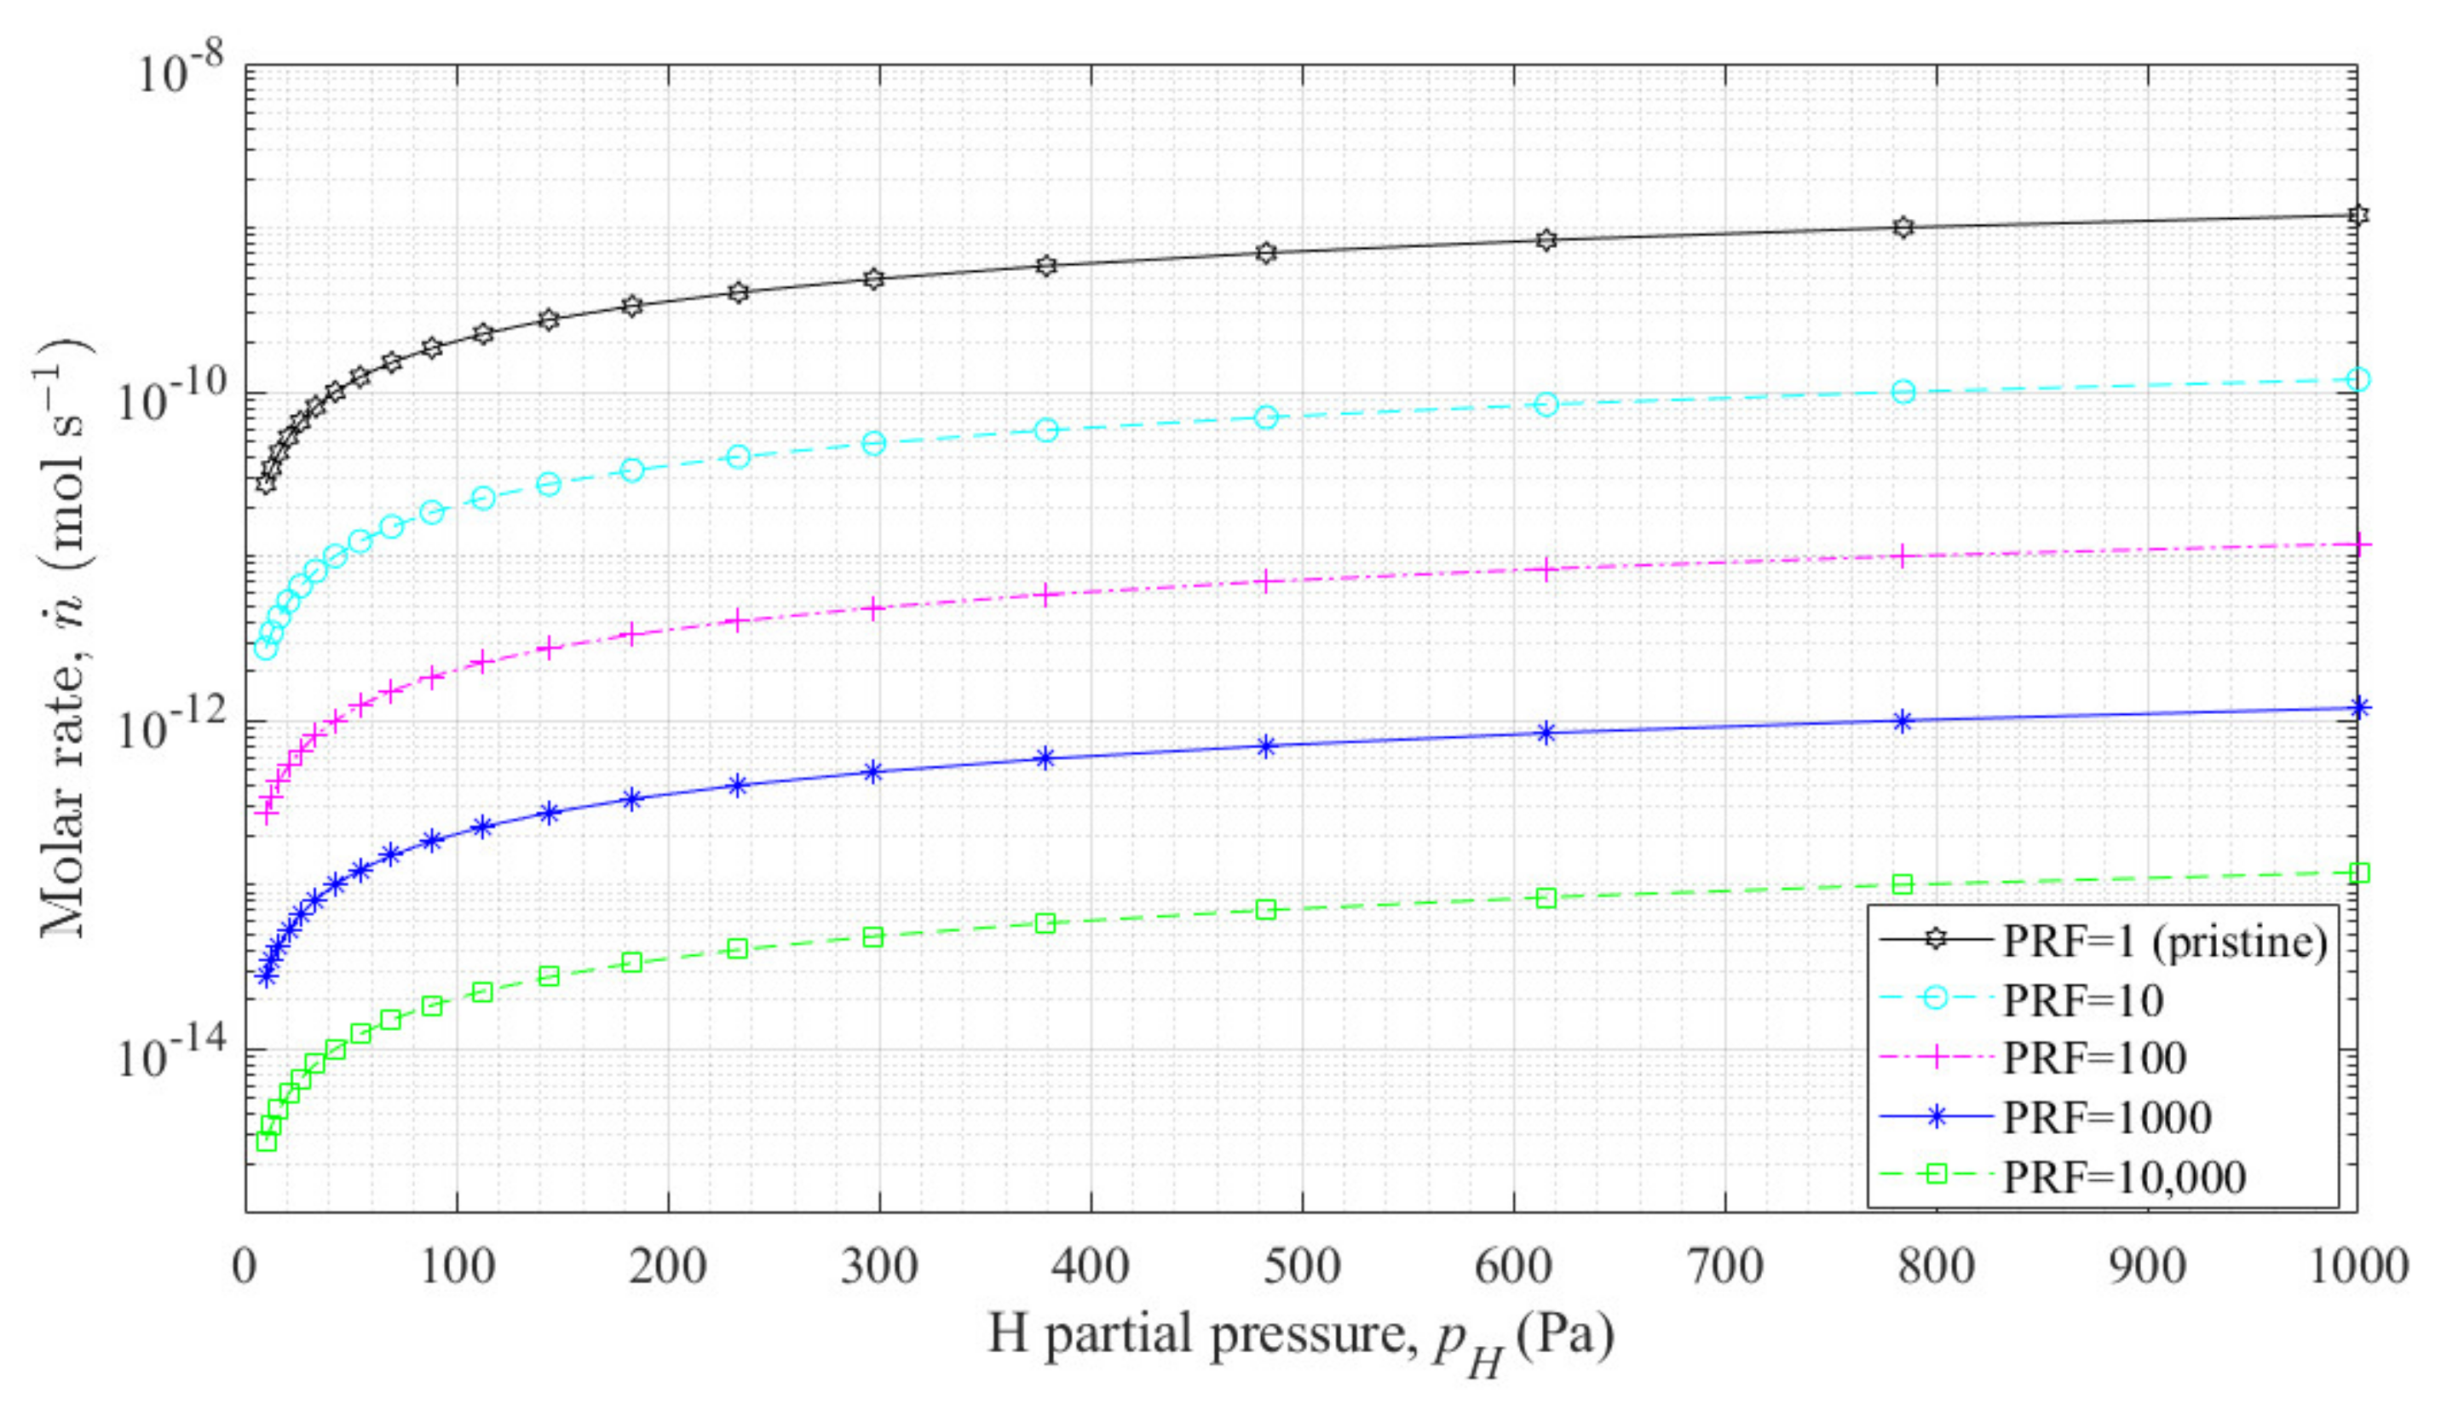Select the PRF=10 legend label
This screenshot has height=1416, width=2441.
tap(2083, 1000)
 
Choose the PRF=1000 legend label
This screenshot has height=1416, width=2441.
tap(2108, 1118)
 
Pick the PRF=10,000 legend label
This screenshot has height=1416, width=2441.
tap(2124, 1177)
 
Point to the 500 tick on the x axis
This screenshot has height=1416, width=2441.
tap(1302, 1267)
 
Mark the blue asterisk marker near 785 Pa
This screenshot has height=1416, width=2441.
tap(1903, 721)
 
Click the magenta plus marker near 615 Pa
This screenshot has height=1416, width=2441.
tap(1546, 569)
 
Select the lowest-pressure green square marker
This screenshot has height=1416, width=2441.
tap(267, 1142)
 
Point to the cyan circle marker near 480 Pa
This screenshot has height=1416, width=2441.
tap(1265, 417)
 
